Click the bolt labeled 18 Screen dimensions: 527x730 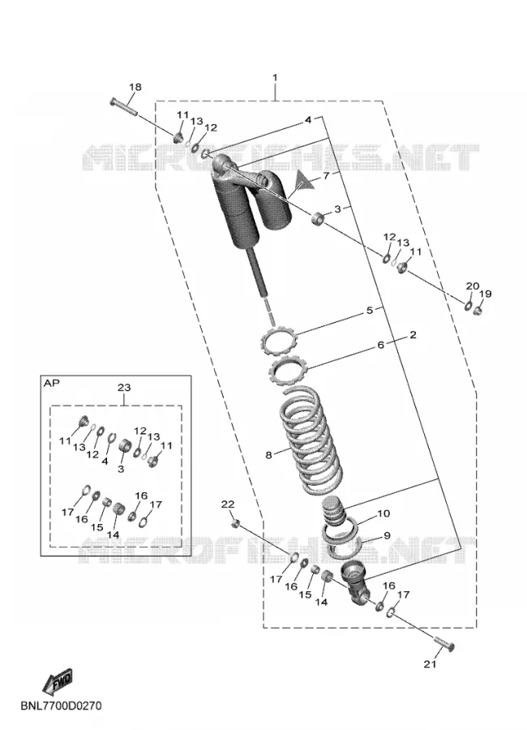tap(123, 106)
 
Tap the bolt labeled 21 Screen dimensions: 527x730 tap(444, 643)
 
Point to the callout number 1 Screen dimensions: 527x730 tap(275, 77)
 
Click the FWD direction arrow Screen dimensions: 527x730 tap(58, 681)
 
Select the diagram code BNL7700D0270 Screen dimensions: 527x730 tap(61, 706)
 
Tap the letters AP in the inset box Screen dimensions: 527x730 tap(51, 383)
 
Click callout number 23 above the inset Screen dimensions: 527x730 tap(124, 388)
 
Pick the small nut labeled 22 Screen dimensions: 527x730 tap(236, 524)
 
